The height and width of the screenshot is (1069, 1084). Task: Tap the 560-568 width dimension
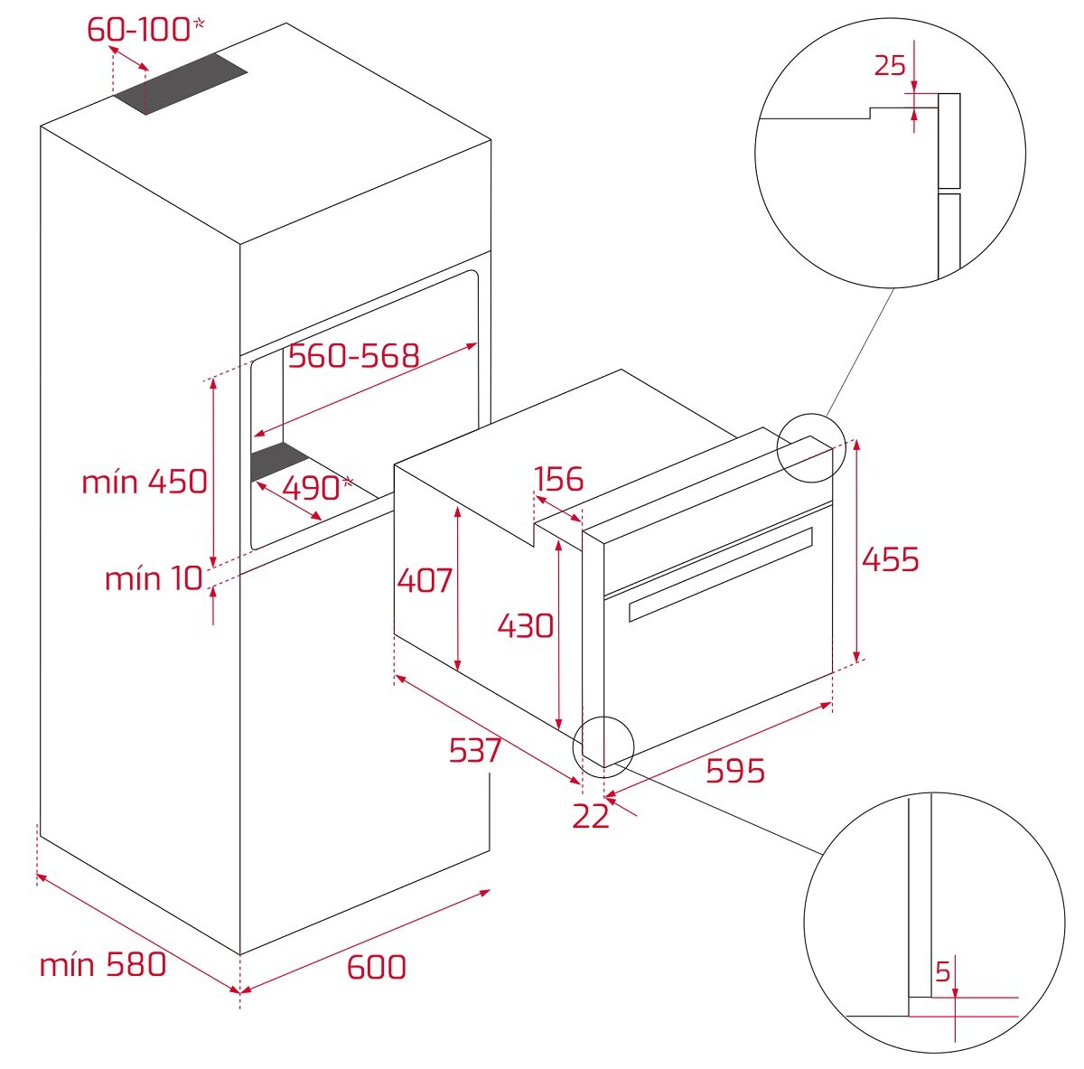(x=353, y=356)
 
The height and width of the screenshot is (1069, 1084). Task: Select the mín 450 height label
(x=145, y=482)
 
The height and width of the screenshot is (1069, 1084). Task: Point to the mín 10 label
(x=154, y=578)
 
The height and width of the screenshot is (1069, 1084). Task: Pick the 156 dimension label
(x=558, y=479)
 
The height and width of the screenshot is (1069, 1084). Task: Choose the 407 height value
(x=425, y=579)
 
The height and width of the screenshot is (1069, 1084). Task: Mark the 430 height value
(x=526, y=624)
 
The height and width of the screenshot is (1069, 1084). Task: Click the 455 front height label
(x=890, y=559)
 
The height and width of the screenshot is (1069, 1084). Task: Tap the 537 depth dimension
(x=475, y=749)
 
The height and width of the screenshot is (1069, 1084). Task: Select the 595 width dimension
(x=734, y=771)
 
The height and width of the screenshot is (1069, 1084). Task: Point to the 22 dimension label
(x=591, y=816)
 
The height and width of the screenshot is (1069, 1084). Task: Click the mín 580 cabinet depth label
(x=103, y=964)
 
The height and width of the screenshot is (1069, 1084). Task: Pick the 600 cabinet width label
(x=376, y=967)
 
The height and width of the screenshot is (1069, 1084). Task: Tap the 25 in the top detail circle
(x=890, y=65)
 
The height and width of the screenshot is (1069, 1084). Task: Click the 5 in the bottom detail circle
(x=943, y=972)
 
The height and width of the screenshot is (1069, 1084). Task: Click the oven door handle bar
(x=720, y=575)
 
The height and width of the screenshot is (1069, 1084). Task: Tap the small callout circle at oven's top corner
(x=810, y=447)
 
